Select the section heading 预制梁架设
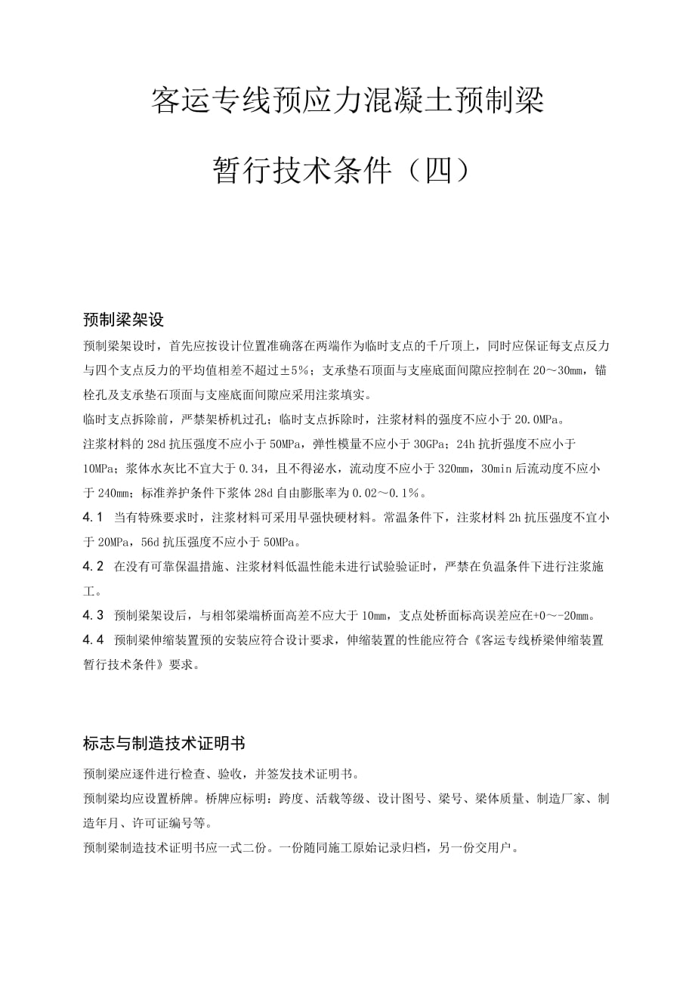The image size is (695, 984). (123, 320)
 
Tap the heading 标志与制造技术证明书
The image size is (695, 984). (164, 744)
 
